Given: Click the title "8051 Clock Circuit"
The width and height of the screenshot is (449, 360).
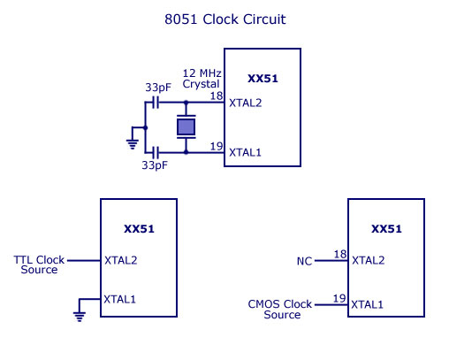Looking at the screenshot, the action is pyautogui.click(x=225, y=19).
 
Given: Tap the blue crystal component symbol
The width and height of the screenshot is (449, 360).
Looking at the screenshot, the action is pyautogui.click(x=186, y=127).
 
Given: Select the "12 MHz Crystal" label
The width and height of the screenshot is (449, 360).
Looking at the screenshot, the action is pyautogui.click(x=202, y=79).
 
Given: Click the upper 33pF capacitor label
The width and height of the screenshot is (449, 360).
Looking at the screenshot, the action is pyautogui.click(x=158, y=88).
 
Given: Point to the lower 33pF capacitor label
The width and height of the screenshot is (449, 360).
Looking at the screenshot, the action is pyautogui.click(x=155, y=165).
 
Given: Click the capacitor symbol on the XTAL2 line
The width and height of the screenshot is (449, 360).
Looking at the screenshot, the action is pyautogui.click(x=156, y=103).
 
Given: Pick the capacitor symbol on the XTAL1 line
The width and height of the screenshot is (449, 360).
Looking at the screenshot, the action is pyautogui.click(x=156, y=152).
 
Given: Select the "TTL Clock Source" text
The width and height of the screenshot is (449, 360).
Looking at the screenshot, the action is pyautogui.click(x=39, y=264).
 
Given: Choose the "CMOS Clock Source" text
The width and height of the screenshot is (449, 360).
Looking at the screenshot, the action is pyautogui.click(x=280, y=310).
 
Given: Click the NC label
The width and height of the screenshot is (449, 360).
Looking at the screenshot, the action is pyautogui.click(x=304, y=261).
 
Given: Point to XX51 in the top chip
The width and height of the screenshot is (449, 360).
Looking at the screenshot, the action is pyautogui.click(x=263, y=79).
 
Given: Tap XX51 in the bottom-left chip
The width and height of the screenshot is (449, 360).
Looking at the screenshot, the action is pyautogui.click(x=139, y=229).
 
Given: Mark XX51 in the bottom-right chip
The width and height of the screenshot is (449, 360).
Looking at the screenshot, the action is pyautogui.click(x=386, y=229).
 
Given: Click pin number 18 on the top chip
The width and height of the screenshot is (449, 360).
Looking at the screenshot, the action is pyautogui.click(x=217, y=96).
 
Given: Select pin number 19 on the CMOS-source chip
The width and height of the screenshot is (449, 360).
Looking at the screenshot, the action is pyautogui.click(x=339, y=298).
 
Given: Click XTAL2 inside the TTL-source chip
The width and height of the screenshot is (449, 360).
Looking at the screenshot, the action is pyautogui.click(x=121, y=260).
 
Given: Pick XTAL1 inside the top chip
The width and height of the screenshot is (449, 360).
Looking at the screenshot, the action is pyautogui.click(x=245, y=152).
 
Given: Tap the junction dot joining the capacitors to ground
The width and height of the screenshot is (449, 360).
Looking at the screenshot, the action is pyautogui.click(x=145, y=127).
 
